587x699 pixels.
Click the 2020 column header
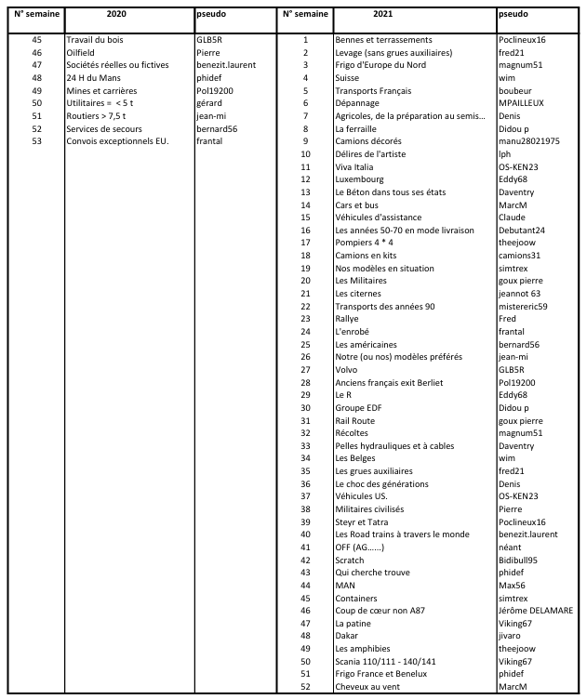coord(117,16)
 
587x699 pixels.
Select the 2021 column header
coord(409,16)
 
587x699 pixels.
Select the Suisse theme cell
coord(348,78)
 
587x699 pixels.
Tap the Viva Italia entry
coord(356,166)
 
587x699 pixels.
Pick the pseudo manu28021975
coord(533,141)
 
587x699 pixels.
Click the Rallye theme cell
coord(348,319)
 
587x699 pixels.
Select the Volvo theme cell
coord(347,369)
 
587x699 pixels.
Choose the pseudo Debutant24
coord(522,230)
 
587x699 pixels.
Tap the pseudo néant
coord(511,547)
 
